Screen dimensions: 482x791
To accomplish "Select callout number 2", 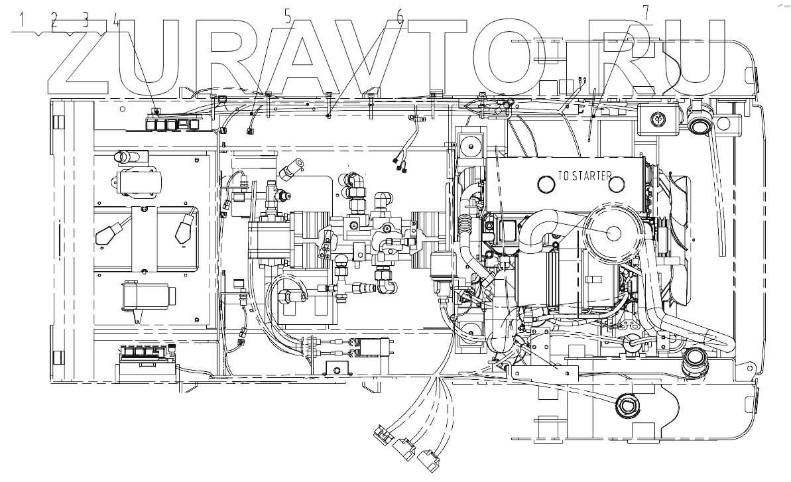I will (54, 19).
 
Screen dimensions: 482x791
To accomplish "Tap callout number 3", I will (85, 19).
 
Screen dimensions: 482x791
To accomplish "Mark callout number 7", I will (645, 11).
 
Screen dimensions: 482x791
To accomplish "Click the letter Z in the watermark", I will (78, 56).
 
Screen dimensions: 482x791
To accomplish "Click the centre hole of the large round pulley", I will (611, 232).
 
